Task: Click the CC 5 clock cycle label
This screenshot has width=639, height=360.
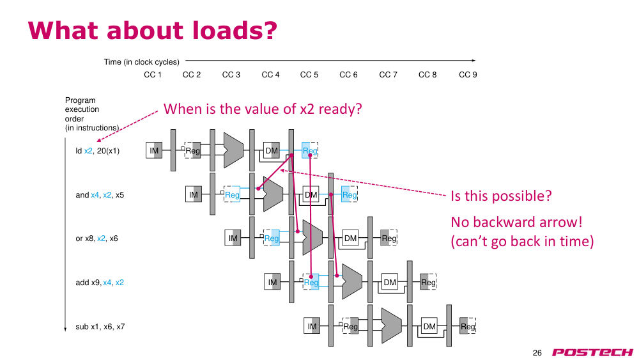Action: click(x=309, y=75)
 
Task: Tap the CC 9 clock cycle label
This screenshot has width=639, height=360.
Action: click(x=468, y=75)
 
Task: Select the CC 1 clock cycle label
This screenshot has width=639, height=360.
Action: click(x=153, y=75)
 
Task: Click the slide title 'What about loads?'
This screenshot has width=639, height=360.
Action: click(x=153, y=30)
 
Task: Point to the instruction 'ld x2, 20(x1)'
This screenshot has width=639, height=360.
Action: click(x=97, y=151)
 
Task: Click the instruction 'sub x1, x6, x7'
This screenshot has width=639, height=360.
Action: click(x=100, y=327)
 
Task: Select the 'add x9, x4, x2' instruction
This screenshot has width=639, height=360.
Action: click(x=100, y=283)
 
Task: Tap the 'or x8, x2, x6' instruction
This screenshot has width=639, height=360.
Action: click(x=96, y=239)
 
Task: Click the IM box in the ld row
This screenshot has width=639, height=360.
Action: click(x=154, y=150)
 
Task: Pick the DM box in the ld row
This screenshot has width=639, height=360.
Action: click(x=272, y=150)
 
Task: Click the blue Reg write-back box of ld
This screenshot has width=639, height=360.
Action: click(x=310, y=150)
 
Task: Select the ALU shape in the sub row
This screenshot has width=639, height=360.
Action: click(x=391, y=325)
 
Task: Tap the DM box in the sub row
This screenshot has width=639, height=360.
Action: click(x=429, y=326)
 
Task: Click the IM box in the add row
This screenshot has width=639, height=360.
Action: click(x=272, y=282)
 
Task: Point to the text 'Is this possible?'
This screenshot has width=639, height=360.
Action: click(x=501, y=196)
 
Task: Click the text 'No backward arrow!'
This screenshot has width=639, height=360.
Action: click(x=516, y=222)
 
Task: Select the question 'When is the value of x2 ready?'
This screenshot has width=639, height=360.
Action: click(x=263, y=109)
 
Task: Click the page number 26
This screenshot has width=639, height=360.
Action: click(x=537, y=353)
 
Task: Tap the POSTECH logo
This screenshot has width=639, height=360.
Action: click(x=592, y=352)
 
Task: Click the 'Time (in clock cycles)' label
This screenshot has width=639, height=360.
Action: click(x=141, y=62)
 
